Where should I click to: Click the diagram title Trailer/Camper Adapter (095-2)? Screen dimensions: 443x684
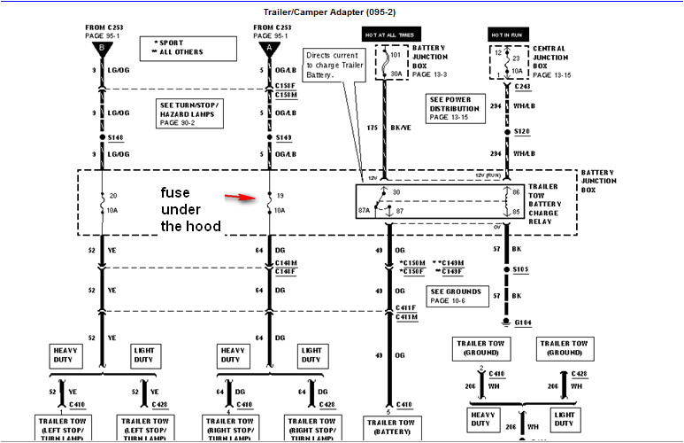tap(341, 12)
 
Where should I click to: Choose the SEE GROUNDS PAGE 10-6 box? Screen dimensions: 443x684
tap(457, 296)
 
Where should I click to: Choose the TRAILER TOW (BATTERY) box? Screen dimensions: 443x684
tap(390, 427)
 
